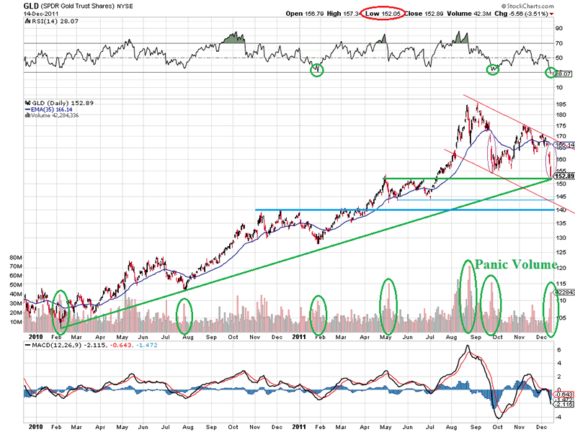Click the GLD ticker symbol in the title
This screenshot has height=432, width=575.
(12, 6)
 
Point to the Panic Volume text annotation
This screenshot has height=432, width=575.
(515, 264)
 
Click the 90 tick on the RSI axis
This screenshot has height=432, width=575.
(558, 29)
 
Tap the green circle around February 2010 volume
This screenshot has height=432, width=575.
(61, 308)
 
